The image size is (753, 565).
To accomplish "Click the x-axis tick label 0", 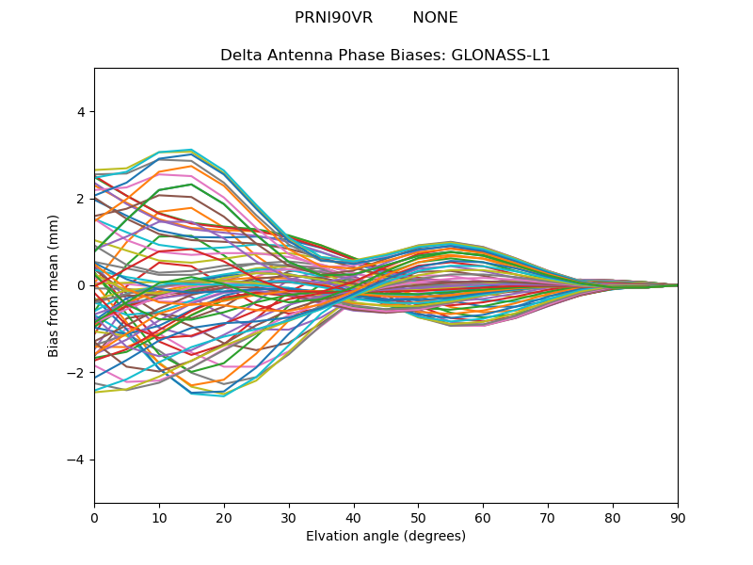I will [94, 517].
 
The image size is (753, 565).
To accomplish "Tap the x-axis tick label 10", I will [159, 517].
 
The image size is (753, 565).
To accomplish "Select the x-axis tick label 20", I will [224, 517].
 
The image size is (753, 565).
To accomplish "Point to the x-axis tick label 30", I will [289, 517].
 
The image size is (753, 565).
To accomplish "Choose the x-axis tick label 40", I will [354, 517].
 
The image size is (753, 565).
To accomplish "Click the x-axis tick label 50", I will [418, 517].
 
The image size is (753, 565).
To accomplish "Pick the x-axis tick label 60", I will [483, 517].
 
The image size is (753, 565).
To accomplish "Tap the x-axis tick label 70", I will [548, 517].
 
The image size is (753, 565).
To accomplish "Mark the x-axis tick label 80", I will [613, 517].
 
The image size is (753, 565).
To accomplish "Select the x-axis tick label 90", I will [678, 517].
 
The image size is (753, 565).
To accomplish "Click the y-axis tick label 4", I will [80, 112].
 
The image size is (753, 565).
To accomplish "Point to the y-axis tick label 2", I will [80, 199].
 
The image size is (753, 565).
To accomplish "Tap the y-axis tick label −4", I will [76, 460].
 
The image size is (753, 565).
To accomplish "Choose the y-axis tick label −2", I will [76, 373].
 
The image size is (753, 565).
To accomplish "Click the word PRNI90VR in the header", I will [333, 18].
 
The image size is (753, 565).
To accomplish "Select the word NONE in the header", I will [435, 18].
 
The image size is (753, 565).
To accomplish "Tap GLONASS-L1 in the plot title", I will [501, 56].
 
